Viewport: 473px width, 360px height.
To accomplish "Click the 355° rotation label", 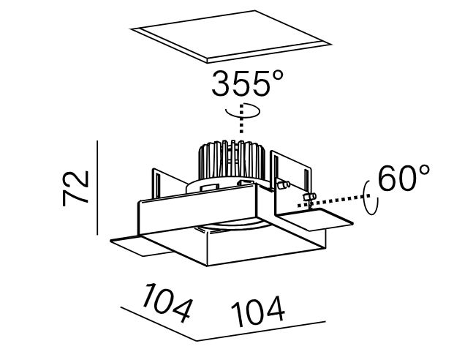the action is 247,83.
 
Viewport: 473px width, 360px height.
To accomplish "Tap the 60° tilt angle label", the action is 404,179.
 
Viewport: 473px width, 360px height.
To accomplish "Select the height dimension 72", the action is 75,188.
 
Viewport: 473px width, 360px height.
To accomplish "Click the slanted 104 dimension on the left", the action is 167,303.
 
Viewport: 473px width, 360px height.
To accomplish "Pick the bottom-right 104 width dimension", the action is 258,311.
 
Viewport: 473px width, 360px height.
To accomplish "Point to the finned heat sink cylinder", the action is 232,160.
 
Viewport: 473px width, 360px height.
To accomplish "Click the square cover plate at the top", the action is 231,37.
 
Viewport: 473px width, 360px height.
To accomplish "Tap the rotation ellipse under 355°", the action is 243,111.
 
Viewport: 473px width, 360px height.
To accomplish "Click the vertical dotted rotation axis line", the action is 241,119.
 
